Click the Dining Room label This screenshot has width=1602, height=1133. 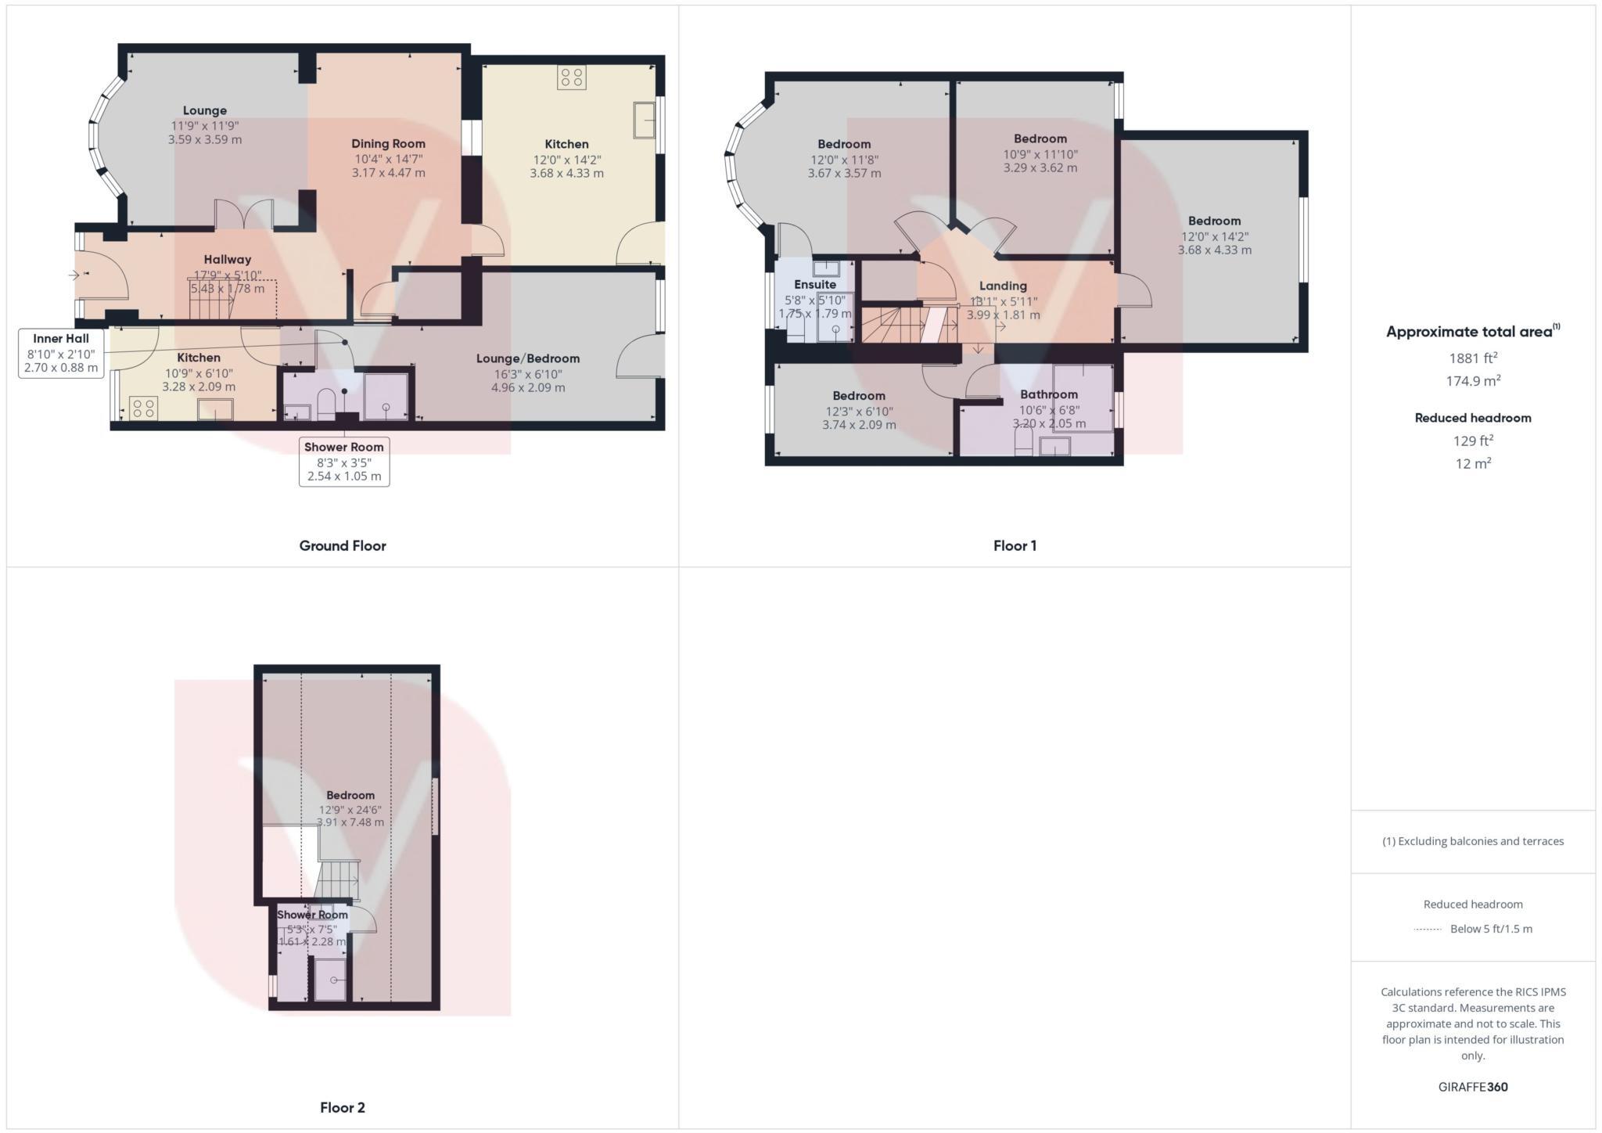tap(388, 143)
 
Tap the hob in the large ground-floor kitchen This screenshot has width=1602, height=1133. tap(571, 77)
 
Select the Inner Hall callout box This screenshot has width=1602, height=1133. tap(61, 353)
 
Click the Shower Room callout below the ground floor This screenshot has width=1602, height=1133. tap(344, 462)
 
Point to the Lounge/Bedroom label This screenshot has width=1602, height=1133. tap(528, 358)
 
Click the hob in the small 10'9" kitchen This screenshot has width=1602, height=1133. tap(143, 408)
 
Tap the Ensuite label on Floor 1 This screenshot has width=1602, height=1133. tap(814, 284)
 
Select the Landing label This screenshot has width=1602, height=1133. tap(1003, 286)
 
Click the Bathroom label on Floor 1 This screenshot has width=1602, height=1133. tap(1048, 394)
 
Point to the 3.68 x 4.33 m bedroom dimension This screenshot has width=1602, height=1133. tap(1214, 250)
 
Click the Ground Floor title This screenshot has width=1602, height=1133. tap(343, 545)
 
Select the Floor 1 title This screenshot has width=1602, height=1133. tap(1015, 545)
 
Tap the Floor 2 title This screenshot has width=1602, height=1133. tap(343, 1107)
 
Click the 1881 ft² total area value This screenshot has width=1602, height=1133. tap(1473, 358)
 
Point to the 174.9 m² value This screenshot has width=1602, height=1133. tap(1473, 381)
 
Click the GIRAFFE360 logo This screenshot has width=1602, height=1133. tap(1473, 1087)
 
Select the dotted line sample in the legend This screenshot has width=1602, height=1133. tap(1428, 930)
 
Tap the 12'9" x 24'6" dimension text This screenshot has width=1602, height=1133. tap(350, 810)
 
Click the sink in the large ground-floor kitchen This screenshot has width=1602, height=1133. tap(644, 120)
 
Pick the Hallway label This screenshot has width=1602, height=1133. tap(228, 260)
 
